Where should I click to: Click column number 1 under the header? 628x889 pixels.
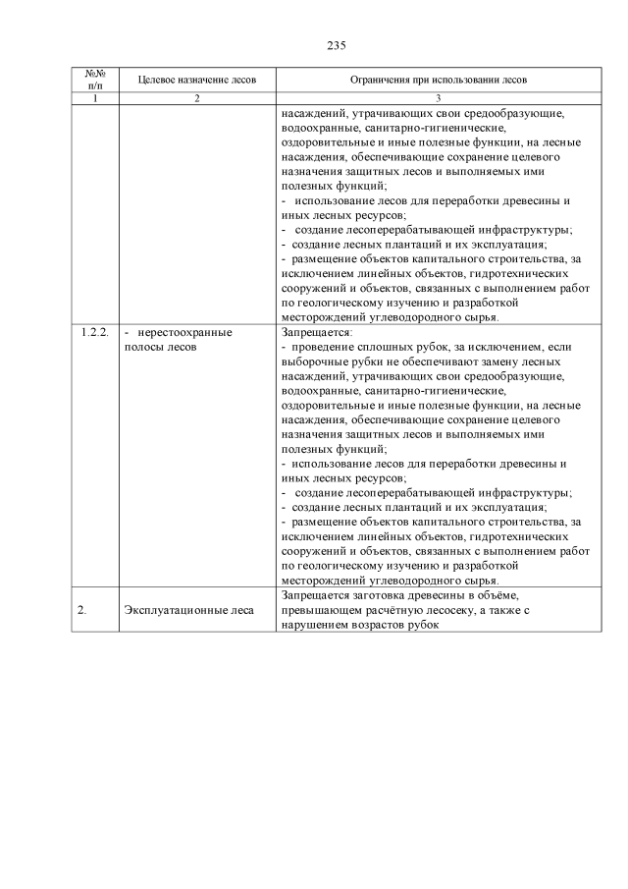95,99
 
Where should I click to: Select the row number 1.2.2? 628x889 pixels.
95,333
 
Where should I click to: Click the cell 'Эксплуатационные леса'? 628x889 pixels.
189,610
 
